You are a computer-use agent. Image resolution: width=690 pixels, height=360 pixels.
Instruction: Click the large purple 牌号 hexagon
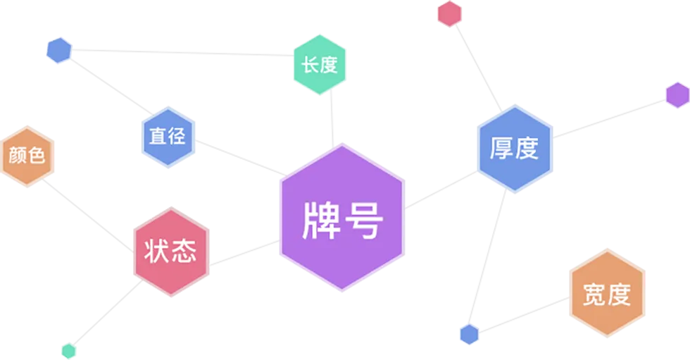[342, 218]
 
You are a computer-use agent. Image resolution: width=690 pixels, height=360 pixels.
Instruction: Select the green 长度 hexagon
[320, 64]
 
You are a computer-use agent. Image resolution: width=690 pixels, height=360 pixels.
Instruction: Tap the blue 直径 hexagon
[168, 137]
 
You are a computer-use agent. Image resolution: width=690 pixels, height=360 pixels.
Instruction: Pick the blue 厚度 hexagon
[515, 149]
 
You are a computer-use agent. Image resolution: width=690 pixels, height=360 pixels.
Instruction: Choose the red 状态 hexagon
[170, 252]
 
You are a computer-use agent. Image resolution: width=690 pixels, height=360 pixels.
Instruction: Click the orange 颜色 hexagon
[27, 156]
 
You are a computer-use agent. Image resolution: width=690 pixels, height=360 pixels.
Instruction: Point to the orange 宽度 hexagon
[607, 293]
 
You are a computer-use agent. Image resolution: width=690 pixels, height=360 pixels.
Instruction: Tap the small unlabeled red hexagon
[449, 13]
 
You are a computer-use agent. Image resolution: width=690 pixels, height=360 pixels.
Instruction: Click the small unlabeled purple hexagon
[677, 94]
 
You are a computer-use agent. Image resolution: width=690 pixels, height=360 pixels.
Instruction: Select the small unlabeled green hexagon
[69, 351]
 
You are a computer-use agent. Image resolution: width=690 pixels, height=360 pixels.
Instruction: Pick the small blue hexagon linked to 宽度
[469, 335]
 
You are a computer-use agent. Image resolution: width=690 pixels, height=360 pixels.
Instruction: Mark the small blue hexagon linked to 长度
[59, 50]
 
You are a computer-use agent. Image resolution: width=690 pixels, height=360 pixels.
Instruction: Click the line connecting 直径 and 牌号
[240, 158]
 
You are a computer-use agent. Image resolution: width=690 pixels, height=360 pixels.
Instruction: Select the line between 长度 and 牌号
[332, 119]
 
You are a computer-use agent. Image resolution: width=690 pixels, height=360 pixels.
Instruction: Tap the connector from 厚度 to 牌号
[441, 190]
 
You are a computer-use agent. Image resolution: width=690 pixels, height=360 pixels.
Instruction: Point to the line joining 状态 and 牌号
[244, 253]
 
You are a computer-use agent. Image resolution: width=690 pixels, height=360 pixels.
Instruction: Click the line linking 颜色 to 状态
[88, 215]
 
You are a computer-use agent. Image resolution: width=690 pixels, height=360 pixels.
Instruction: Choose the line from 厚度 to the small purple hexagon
[609, 119]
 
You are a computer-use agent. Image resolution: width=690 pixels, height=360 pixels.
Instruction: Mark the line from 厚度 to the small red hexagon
[478, 68]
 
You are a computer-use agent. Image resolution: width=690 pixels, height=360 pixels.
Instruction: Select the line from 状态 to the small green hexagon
[107, 313]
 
